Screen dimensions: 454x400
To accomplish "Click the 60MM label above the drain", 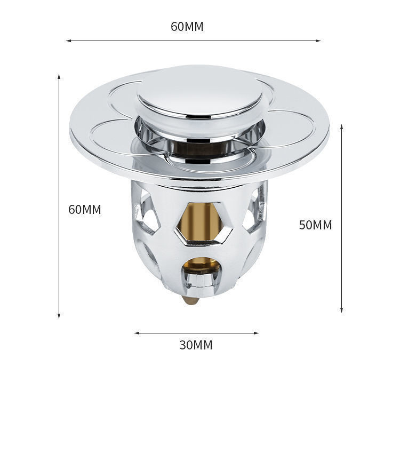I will tap(187, 27).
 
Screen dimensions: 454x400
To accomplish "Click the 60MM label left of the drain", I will tap(84, 210).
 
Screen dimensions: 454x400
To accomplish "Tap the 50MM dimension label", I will tap(315, 225).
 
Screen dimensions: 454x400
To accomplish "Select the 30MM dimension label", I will tap(196, 345).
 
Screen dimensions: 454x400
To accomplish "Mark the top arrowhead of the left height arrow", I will tap(59, 77).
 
